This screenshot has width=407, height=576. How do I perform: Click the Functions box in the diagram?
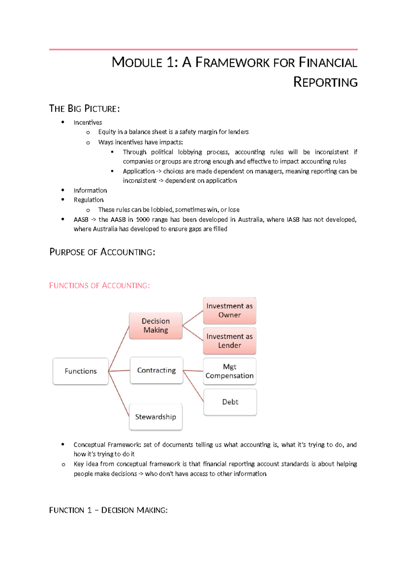point(81,371)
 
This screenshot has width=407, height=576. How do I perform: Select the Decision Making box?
point(156,326)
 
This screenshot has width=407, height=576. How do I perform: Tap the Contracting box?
point(156,370)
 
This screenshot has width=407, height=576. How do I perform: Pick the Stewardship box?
point(156,417)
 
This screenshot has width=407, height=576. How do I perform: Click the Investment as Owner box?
point(230,310)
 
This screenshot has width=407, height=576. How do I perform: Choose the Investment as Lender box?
point(230,341)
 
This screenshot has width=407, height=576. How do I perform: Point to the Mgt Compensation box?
point(230,371)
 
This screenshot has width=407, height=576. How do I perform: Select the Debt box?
point(230,402)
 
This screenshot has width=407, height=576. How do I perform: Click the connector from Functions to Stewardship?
point(119,394)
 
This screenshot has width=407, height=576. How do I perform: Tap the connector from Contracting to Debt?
point(193,386)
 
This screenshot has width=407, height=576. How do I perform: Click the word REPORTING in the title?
point(325,83)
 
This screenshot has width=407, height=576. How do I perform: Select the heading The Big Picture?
point(84,109)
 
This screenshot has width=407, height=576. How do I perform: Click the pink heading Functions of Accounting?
point(99,286)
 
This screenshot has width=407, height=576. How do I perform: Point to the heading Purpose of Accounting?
point(102,252)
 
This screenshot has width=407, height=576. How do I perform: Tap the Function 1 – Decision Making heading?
point(108,510)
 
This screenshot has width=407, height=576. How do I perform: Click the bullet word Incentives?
point(88,123)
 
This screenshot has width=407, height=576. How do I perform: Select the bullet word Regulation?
point(89,200)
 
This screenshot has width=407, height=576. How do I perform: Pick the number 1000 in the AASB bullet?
point(142,219)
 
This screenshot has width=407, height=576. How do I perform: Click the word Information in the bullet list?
point(90,190)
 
